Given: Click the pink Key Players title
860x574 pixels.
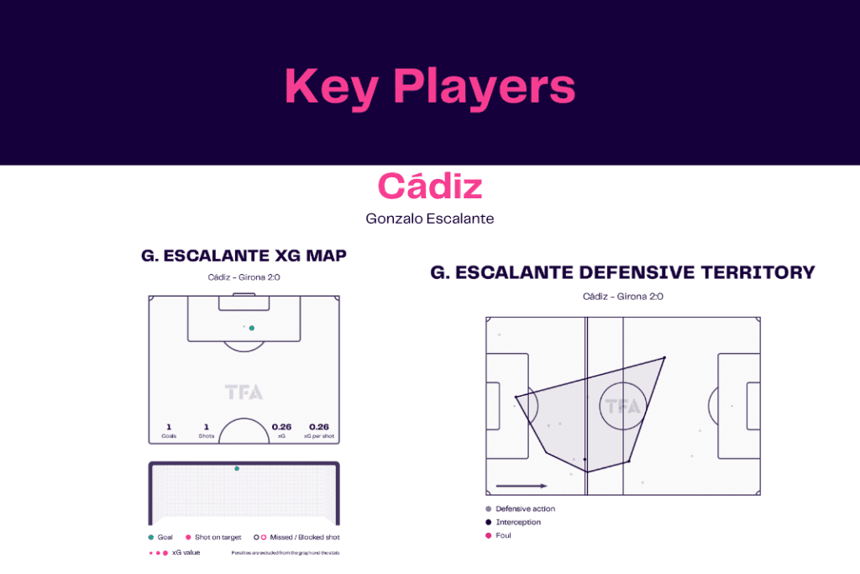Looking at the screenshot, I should [430, 86].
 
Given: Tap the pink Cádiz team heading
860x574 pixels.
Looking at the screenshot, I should [430, 186].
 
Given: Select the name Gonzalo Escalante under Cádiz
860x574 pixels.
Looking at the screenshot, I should [430, 219].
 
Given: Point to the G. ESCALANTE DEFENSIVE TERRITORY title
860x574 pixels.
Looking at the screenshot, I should [622, 272].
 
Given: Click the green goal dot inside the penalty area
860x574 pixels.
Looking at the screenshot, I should [251, 328].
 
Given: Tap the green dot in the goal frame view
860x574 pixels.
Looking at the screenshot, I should [237, 468].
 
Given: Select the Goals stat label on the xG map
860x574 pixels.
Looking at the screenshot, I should [169, 436].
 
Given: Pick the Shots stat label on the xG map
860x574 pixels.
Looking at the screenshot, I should [207, 436].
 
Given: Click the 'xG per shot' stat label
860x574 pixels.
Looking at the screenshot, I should [318, 436].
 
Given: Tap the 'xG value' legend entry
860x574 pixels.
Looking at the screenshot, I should [186, 552].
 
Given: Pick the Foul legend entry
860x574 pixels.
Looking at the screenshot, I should [503, 535].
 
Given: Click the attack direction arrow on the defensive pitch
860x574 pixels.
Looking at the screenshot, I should [521, 485].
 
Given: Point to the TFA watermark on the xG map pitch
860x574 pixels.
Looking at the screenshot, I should [244, 392].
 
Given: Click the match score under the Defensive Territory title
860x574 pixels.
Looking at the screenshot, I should [622, 296].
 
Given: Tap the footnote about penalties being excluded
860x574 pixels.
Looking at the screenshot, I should [285, 553].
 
